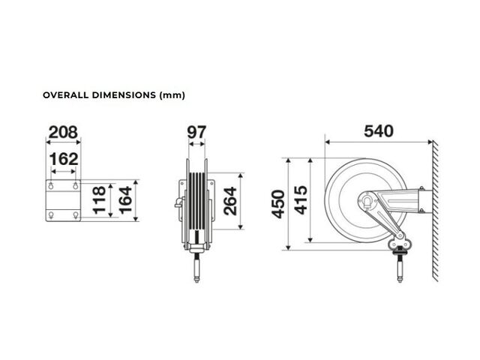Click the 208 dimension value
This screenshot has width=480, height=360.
point(63,132)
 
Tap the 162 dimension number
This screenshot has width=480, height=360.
point(64,159)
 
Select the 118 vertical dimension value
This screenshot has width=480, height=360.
point(99,200)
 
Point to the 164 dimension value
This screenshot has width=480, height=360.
point(125,200)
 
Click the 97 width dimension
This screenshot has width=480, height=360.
point(196,132)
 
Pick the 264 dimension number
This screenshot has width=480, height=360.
point(230,201)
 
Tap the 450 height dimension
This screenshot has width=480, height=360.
point(278,204)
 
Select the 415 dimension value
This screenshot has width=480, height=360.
point(301,200)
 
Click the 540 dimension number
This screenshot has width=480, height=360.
point(379,131)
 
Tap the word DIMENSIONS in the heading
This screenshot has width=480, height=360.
point(124,95)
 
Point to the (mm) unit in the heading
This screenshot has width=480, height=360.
point(172,95)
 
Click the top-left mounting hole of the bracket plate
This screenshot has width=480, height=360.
point(51,185)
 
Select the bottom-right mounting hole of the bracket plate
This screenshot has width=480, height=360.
point(76,215)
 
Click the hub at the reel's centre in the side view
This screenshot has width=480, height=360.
point(367,201)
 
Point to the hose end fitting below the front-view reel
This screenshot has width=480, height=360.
point(196,268)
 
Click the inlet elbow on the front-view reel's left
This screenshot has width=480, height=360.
point(179,202)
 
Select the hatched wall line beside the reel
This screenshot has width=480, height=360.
point(435,211)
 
